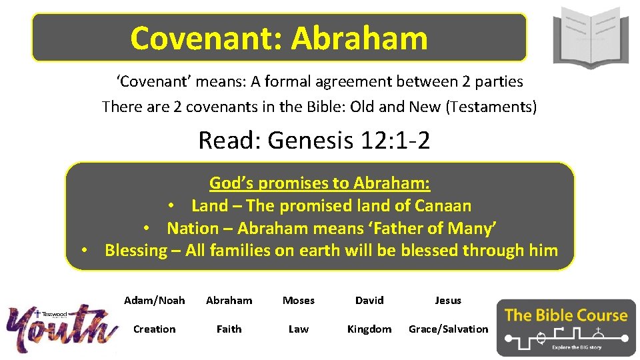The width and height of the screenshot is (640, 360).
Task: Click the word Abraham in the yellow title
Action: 359,38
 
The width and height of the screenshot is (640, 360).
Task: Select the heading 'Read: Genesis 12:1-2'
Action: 314,141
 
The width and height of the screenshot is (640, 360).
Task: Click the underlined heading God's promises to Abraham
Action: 320,183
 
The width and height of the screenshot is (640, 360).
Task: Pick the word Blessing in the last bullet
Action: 136,251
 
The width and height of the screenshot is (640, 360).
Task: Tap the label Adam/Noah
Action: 155,301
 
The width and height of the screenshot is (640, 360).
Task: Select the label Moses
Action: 299,301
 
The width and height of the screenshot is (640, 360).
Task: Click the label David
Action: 369,301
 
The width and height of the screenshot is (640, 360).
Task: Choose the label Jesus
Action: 448,301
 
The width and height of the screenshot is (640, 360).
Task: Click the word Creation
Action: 155,329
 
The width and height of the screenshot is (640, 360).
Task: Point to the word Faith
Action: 229,329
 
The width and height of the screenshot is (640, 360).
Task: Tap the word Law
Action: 299,329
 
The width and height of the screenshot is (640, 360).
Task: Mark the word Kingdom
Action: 369,329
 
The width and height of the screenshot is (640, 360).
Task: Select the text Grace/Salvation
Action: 449,329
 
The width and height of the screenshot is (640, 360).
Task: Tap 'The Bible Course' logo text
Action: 566,315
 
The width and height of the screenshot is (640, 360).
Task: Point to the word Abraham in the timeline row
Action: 229,301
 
